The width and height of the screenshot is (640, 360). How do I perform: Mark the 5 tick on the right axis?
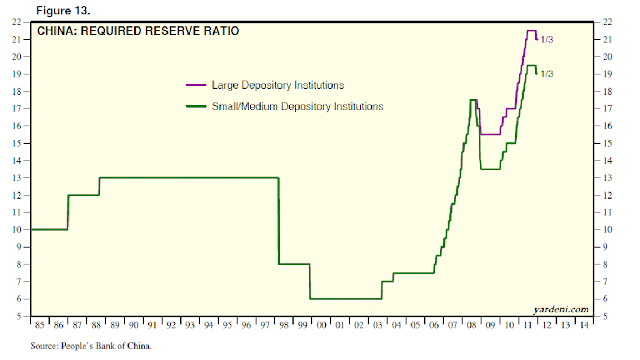pyautogui.click(x=605, y=316)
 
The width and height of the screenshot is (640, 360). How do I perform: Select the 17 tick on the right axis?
pyautogui.click(x=606, y=108)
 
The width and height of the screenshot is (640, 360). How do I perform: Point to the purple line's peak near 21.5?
pyautogui.click(x=530, y=31)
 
